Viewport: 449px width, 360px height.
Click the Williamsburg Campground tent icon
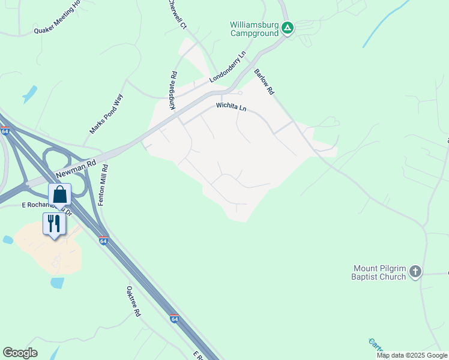click(x=288, y=28)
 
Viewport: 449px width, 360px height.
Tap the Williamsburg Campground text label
click(x=255, y=29)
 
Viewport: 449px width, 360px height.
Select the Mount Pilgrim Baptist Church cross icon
click(x=415, y=273)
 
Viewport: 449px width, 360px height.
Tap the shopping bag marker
click(x=59, y=194)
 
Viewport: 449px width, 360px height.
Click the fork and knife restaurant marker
click(x=54, y=224)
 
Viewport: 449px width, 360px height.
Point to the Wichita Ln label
click(x=232, y=107)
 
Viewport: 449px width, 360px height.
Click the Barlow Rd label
click(x=264, y=82)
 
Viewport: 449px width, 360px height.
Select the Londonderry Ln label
click(x=228, y=67)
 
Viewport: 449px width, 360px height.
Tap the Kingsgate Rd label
click(x=173, y=91)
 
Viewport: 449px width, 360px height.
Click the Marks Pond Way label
click(x=106, y=114)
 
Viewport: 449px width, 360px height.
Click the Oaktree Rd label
click(x=133, y=301)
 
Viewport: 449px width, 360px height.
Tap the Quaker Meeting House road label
click(x=58, y=17)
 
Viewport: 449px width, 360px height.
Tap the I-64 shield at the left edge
click(x=5, y=131)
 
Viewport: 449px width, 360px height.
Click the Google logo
click(x=20, y=352)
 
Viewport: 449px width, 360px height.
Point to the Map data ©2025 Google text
click(x=411, y=355)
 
